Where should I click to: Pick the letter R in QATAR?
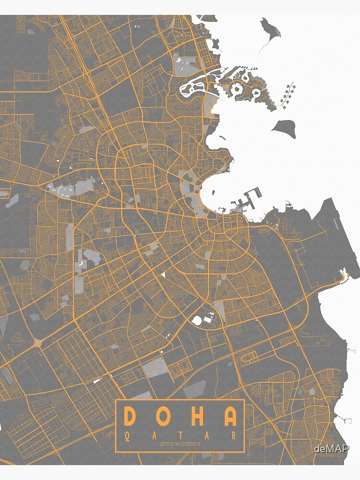(x=234, y=436)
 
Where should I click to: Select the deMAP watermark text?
(x=331, y=449)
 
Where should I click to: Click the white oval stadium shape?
(x=197, y=320)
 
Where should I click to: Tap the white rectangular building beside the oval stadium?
(x=208, y=318)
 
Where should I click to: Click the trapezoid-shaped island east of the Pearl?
(x=283, y=128)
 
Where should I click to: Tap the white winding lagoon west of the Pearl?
(x=192, y=88)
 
